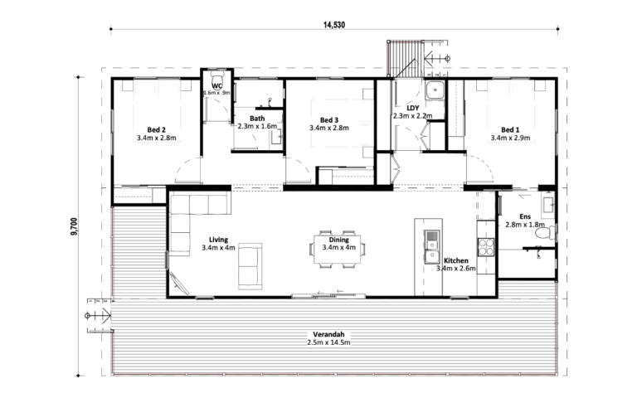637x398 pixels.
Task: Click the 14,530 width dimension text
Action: [x=334, y=25]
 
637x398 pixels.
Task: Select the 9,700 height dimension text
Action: [x=74, y=226]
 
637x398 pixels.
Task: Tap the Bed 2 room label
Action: [x=157, y=130]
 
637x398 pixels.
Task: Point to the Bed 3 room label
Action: [x=329, y=120]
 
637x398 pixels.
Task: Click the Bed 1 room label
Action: [x=510, y=130]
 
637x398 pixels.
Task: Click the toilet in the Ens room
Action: [x=545, y=233]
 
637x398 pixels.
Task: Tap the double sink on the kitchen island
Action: [x=431, y=246]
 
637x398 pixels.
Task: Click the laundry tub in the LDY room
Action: [x=435, y=90]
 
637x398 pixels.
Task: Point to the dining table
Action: [x=337, y=250]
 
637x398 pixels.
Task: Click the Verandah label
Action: [x=328, y=335]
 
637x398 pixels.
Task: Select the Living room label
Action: [x=219, y=240]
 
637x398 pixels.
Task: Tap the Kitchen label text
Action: [x=456, y=260]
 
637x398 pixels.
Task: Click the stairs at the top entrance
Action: [x=400, y=59]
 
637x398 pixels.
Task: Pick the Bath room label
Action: [x=257, y=119]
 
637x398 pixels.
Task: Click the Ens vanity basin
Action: [x=547, y=205]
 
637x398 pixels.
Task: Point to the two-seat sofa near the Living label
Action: [x=250, y=266]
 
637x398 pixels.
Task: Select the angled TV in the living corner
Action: [x=179, y=283]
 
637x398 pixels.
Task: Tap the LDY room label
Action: [x=413, y=108]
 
